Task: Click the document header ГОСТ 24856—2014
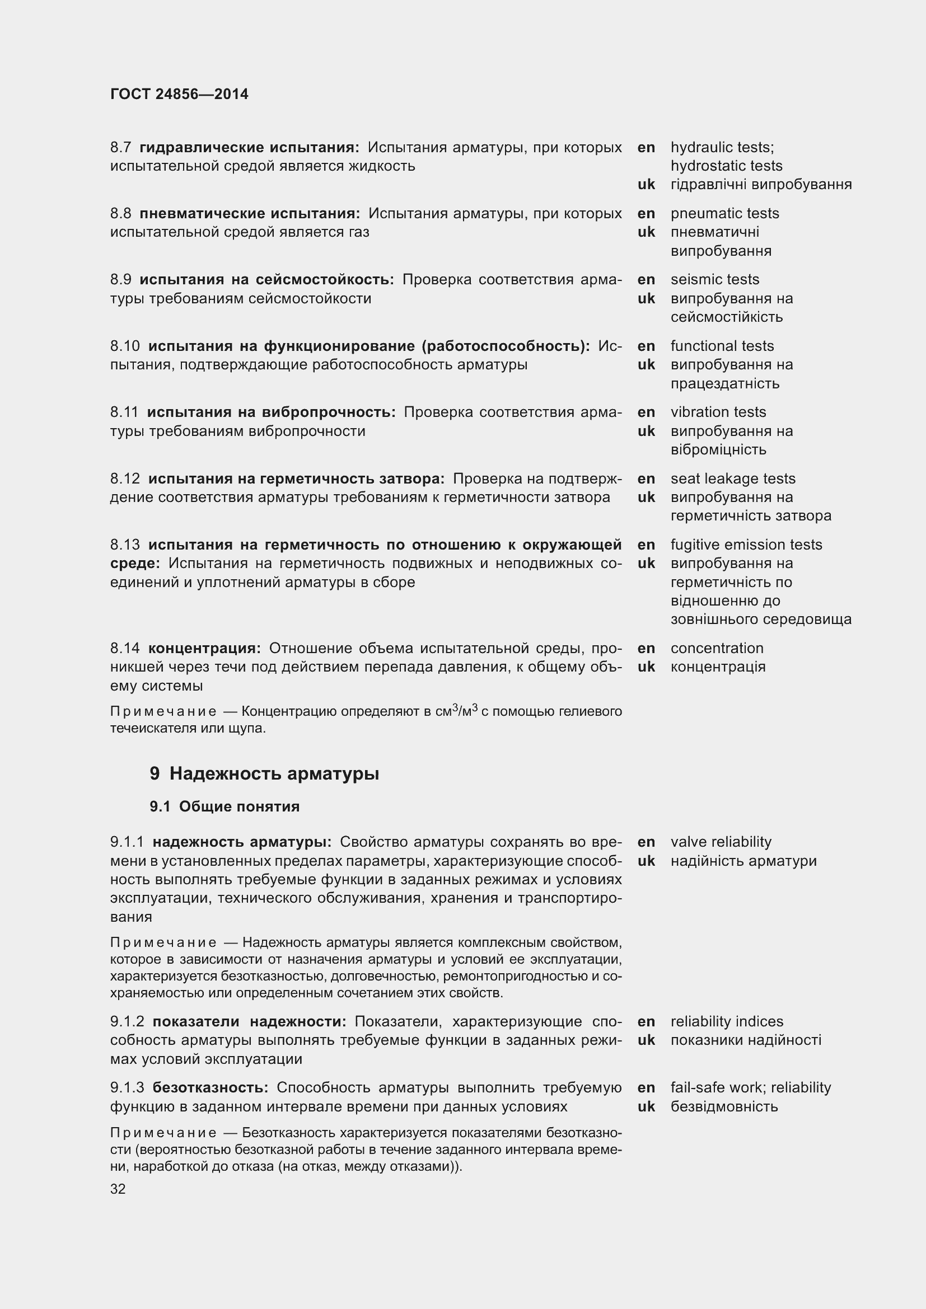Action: tap(179, 94)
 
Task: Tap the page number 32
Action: tap(118, 1189)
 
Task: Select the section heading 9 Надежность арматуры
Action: tap(264, 773)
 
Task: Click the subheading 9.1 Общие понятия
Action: tap(224, 806)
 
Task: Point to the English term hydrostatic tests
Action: tap(726, 166)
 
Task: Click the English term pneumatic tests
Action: tap(724, 213)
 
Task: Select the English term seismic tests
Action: tap(714, 279)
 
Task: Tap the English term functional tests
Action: tap(722, 346)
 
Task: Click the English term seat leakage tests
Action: tap(732, 478)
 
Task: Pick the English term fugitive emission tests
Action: tap(746, 545)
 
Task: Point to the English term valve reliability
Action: tap(720, 842)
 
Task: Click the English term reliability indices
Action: tap(727, 1021)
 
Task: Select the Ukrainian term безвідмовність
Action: tap(723, 1106)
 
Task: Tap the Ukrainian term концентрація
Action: tap(717, 667)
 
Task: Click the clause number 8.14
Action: tap(125, 648)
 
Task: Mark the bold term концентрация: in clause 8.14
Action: tap(204, 648)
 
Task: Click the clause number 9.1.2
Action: tap(127, 1021)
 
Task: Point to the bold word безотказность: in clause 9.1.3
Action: tap(211, 1087)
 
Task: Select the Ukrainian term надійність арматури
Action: tap(743, 860)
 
